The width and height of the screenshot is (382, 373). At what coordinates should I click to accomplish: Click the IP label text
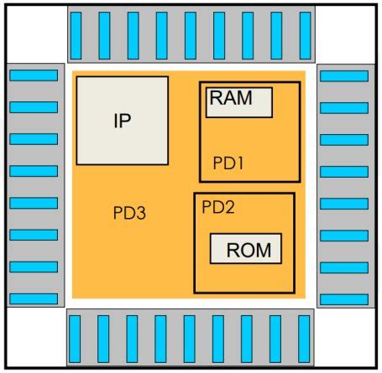123,121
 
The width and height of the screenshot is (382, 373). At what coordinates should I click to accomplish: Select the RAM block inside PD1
239,102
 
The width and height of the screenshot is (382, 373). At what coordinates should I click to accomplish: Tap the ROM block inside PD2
246,249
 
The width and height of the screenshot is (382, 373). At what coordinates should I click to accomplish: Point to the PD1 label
228,163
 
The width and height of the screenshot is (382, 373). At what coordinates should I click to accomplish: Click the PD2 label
218,207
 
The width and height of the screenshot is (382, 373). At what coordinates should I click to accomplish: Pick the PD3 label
129,213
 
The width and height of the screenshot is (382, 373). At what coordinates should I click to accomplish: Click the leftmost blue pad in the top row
76,35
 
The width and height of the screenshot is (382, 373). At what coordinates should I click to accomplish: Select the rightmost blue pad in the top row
305,35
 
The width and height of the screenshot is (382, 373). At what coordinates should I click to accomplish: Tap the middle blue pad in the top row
191,35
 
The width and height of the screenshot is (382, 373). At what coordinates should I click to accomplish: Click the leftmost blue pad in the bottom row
75,339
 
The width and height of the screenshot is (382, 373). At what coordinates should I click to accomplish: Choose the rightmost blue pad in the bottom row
304,339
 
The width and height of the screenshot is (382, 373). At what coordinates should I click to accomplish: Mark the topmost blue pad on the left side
34,75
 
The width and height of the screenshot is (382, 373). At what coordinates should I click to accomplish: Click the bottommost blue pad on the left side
34,298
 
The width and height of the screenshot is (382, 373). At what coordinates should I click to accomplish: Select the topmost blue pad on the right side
344,76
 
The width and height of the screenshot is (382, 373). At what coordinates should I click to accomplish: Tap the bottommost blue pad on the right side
344,299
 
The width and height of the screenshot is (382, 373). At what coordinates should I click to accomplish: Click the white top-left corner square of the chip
37,34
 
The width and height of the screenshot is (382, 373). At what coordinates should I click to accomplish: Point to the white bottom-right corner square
345,337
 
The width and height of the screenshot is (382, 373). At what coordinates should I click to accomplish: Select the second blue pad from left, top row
104,35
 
